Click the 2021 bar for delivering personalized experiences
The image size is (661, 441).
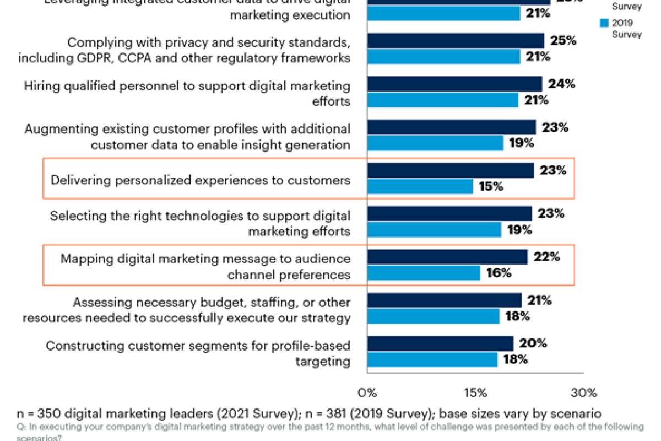[x=450, y=170]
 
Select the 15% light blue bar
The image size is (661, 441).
[x=420, y=186]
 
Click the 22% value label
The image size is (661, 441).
[x=546, y=257]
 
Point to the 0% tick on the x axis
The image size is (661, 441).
[x=367, y=393]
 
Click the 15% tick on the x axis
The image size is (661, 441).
[x=475, y=393]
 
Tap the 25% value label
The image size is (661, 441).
[x=563, y=41]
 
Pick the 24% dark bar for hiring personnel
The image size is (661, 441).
[x=454, y=84]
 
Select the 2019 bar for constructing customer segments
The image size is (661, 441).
[x=432, y=360]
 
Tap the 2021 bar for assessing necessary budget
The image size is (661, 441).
[x=444, y=300]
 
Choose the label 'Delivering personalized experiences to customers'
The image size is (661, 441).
[x=200, y=180]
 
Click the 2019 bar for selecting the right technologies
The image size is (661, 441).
[x=434, y=230]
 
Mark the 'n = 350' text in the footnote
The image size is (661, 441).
[x=36, y=413]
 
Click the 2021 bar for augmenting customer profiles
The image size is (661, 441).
[x=451, y=127]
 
